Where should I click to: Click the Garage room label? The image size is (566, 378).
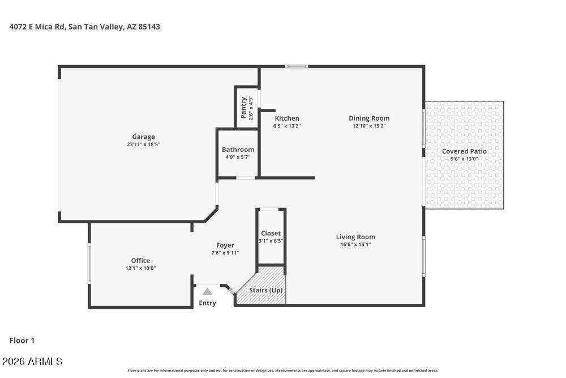coord(143,137)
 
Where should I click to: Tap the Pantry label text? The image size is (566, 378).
coord(243,108)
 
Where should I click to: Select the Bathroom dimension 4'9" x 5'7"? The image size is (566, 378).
coord(238,157)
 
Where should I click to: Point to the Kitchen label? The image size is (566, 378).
coord(287,118)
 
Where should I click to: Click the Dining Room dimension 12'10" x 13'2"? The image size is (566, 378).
coord(369,126)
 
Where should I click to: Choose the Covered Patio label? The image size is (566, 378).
coord(464,151)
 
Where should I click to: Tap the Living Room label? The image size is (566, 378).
coord(355,237)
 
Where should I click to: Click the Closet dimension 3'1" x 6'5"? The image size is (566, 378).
coord(271,241)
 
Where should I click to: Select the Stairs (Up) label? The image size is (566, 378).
coord(265,290)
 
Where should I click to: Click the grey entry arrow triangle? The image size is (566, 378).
coord(207,292)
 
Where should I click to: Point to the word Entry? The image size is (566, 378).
coord(207,303)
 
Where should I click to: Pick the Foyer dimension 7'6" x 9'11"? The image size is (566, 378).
coord(225,253)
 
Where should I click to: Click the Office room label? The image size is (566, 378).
coord(140,261)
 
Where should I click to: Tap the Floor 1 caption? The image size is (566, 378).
coord(22,341)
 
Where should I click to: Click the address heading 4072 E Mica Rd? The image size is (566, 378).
coord(37,27)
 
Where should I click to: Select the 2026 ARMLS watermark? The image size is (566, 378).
coord(32,362)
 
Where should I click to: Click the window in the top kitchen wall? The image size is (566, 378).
coord(297,66)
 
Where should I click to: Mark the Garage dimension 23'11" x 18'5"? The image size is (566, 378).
coord(143,144)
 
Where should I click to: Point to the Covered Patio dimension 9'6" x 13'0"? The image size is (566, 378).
coord(464,159)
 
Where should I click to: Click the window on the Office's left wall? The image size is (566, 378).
coord(89,263)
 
